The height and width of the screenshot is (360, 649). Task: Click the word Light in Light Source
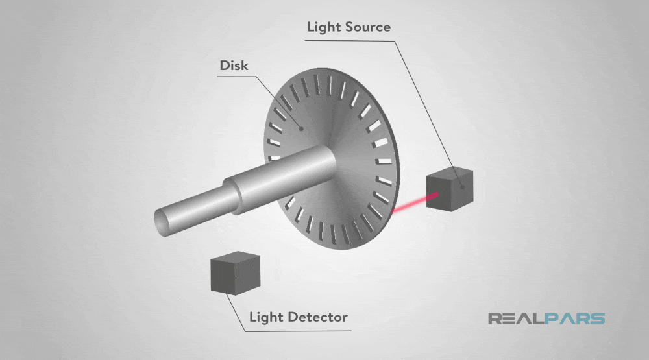point(322,27)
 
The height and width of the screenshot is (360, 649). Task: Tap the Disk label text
point(234,66)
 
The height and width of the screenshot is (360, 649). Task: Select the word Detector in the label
point(315,318)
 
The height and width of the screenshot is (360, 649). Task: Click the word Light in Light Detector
point(265,318)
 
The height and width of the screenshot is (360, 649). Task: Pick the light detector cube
point(234,275)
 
